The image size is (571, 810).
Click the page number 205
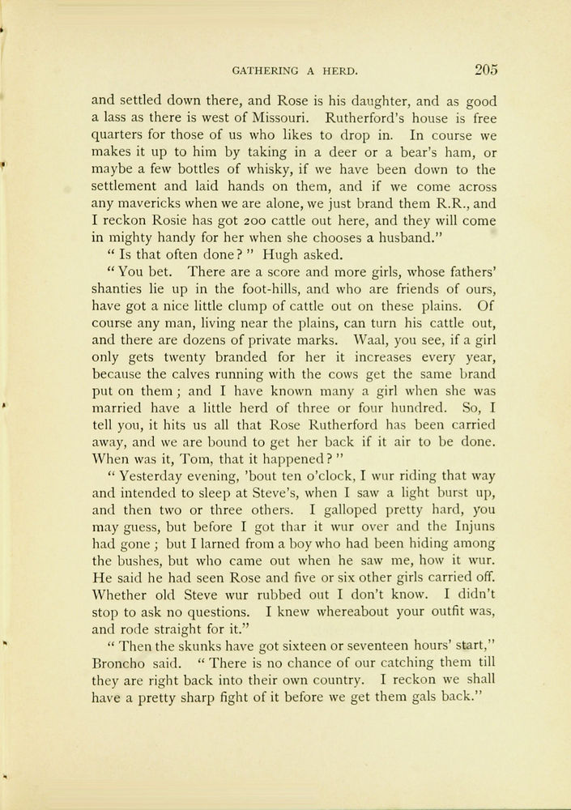pyautogui.click(x=486, y=70)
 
